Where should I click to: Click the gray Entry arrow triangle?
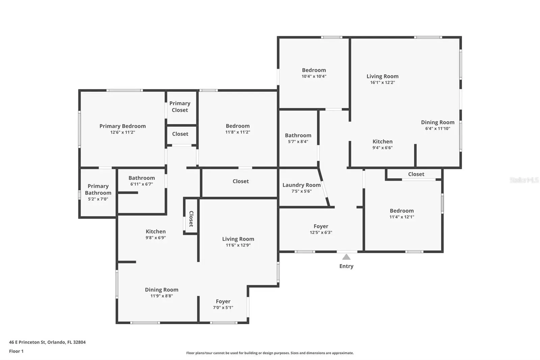click(346, 257)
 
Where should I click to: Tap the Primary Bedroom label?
click(123, 126)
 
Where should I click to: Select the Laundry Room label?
click(302, 185)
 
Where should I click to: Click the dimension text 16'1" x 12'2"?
click(383, 82)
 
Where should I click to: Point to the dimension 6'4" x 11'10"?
click(437, 129)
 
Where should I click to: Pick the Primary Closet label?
click(180, 107)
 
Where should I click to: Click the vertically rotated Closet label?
click(191, 219)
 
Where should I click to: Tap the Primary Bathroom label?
click(98, 189)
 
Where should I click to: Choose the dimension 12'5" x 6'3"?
click(321, 233)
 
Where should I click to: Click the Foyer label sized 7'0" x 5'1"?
click(223, 301)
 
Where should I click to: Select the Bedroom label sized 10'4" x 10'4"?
click(314, 70)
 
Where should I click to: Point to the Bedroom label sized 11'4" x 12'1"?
click(402, 211)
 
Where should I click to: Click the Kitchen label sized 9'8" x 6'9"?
click(156, 231)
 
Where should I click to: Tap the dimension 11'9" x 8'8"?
click(162, 296)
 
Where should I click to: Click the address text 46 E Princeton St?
click(27, 342)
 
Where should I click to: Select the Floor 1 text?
click(16, 351)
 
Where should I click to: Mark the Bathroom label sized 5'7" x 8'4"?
click(298, 135)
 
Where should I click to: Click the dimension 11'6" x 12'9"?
click(238, 246)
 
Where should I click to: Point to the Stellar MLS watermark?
click(524, 180)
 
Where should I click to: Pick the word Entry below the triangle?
click(346, 266)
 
